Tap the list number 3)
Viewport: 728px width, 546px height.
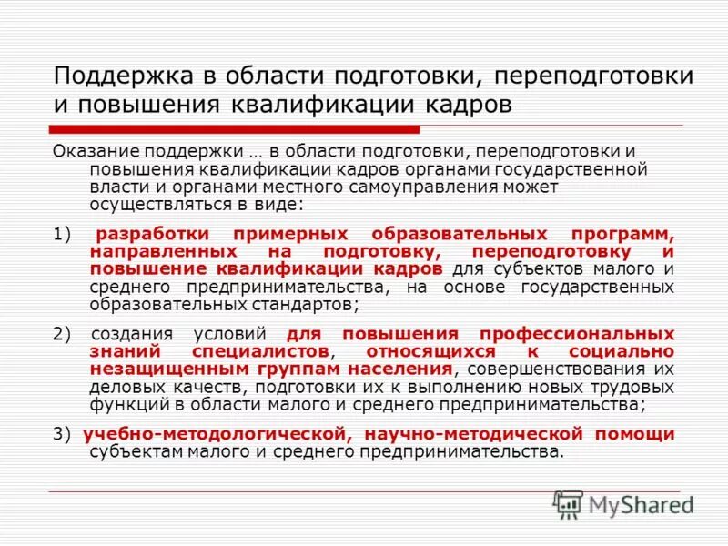61,434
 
